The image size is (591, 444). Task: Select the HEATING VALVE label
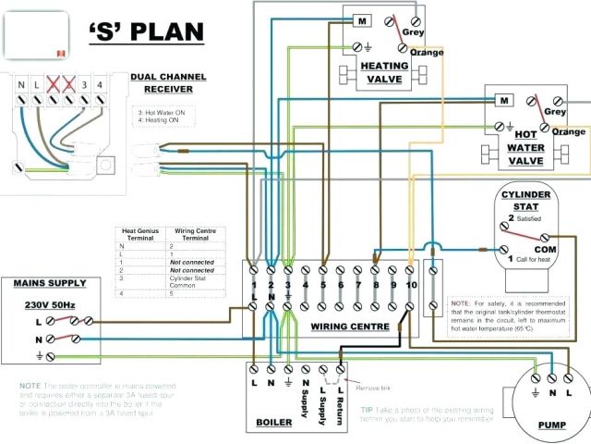point(385,73)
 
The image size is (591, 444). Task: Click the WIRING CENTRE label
point(348,326)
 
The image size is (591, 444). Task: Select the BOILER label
point(275,423)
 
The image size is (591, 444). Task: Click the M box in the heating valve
point(362,21)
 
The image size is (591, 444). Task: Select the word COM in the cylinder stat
point(546,250)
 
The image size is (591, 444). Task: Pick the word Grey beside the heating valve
point(413,31)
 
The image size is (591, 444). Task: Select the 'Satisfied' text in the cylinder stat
point(529,219)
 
